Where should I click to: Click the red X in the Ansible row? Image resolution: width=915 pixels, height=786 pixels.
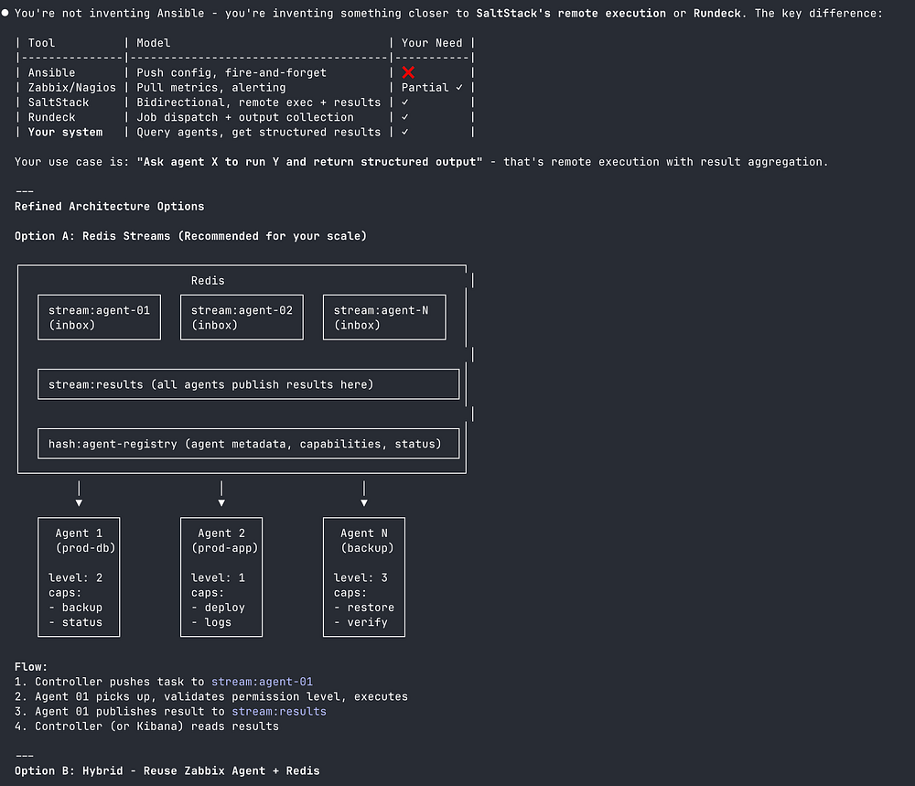click(x=408, y=72)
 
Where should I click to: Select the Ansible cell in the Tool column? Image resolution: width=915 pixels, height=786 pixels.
click(x=51, y=72)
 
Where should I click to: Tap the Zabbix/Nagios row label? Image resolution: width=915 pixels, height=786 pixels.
click(x=72, y=87)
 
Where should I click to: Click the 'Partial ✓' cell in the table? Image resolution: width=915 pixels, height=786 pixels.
click(x=432, y=87)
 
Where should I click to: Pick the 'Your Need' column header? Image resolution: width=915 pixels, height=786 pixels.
click(x=432, y=43)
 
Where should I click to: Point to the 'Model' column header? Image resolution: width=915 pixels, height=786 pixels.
click(x=154, y=43)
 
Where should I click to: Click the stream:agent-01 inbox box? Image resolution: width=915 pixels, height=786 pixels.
click(x=99, y=318)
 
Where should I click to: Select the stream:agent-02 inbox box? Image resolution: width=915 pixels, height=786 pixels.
click(x=242, y=318)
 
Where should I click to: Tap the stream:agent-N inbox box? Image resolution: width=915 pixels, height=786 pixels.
click(x=384, y=318)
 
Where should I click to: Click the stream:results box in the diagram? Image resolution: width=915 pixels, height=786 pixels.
click(x=248, y=384)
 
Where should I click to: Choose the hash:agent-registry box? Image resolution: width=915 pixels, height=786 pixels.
click(x=248, y=444)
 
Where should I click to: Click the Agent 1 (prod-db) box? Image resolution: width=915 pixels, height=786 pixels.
click(x=79, y=576)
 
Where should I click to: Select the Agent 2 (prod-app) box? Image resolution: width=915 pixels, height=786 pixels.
click(x=221, y=576)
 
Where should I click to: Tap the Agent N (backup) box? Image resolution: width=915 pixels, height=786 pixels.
click(x=364, y=576)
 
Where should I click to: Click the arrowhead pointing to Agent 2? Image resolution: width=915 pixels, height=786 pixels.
click(x=221, y=502)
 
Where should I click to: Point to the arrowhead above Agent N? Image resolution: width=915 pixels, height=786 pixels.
click(x=364, y=502)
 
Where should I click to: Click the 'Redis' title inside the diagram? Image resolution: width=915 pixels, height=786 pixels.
click(x=208, y=281)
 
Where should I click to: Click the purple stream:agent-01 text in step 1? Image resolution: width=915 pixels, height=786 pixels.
click(x=262, y=682)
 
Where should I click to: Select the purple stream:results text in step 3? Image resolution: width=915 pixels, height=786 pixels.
click(x=278, y=711)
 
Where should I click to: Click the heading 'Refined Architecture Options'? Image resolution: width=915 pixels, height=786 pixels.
click(x=110, y=206)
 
